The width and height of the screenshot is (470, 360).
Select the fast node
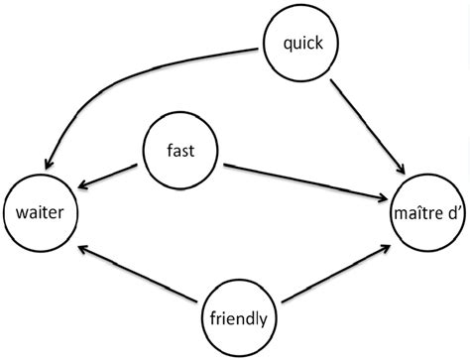(182, 151)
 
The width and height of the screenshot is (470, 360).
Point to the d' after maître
(451, 211)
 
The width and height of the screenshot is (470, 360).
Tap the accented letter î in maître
(417, 211)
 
